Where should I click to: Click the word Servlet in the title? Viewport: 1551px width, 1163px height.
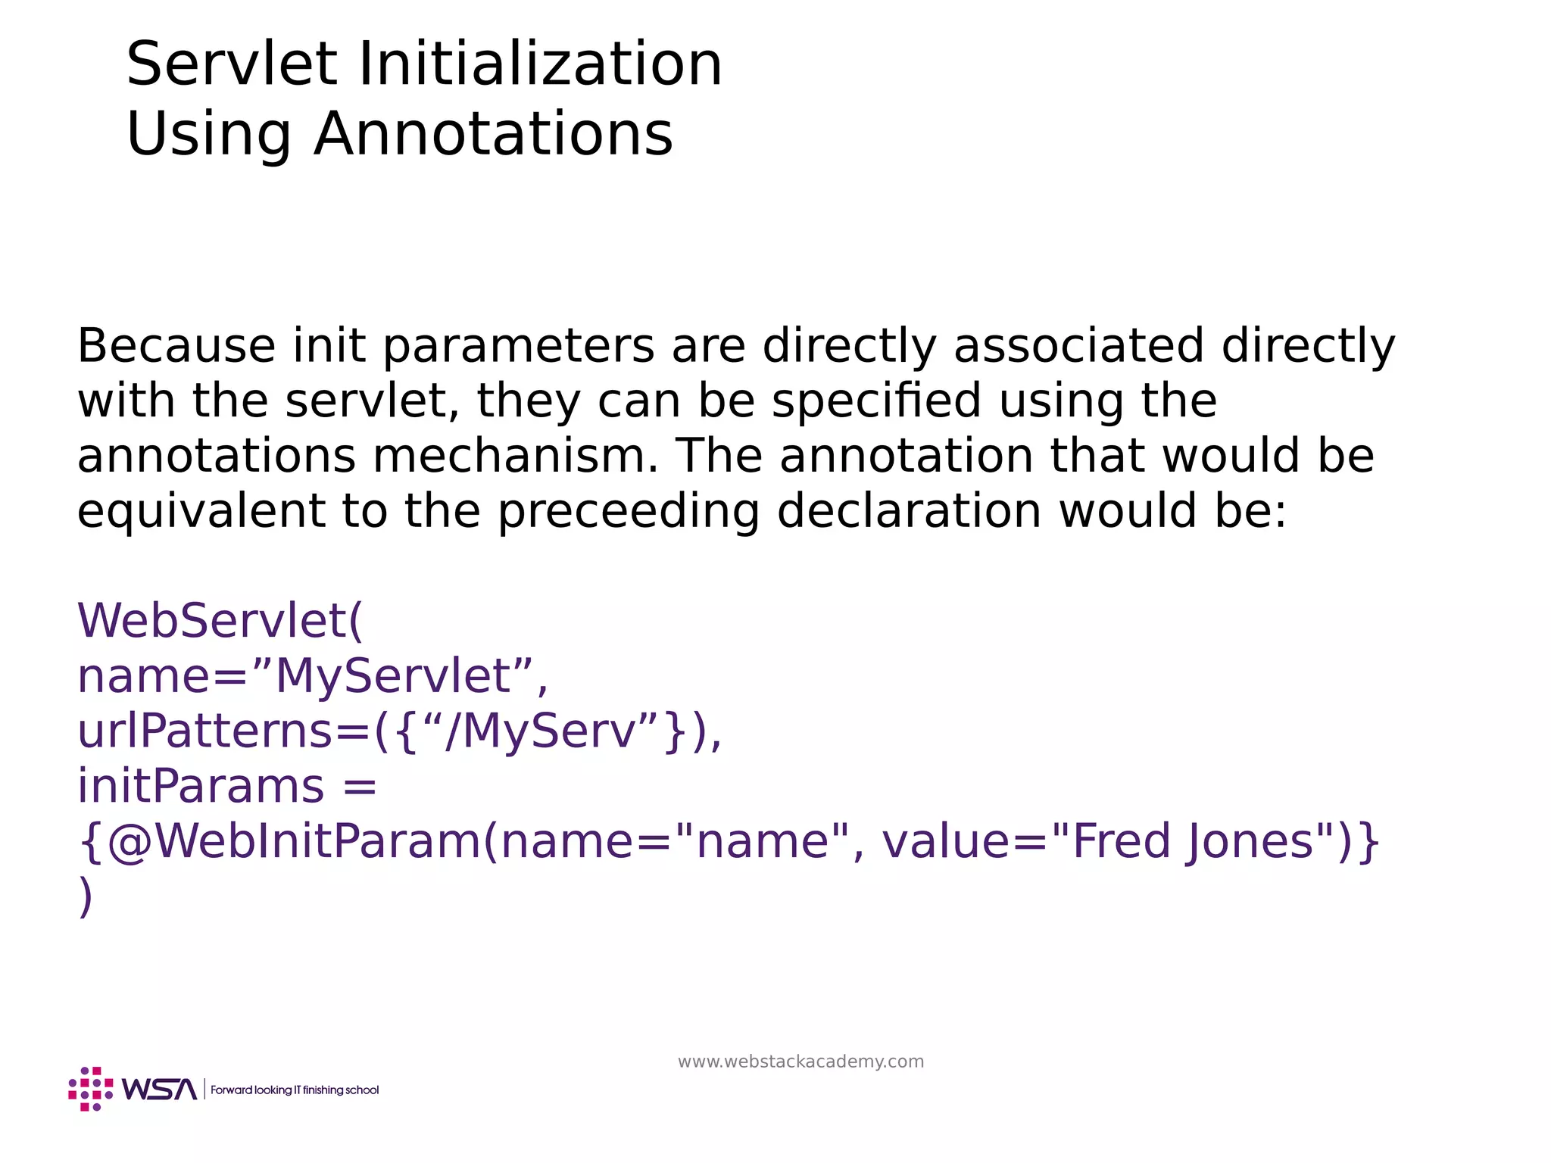click(x=232, y=65)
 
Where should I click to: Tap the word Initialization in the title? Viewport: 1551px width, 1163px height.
click(x=540, y=65)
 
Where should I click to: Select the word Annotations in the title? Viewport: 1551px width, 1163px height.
click(x=493, y=135)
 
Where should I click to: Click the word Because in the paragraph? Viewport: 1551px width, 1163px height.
click(x=176, y=346)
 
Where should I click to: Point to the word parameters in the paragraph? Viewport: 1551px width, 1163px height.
click(x=518, y=346)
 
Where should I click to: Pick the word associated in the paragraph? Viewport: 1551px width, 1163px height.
click(x=1078, y=346)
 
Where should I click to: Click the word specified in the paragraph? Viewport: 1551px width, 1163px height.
click(x=876, y=401)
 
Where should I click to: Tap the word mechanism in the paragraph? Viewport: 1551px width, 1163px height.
click(x=516, y=457)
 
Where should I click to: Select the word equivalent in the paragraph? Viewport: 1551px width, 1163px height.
click(x=201, y=512)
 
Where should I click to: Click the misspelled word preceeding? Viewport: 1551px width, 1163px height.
click(x=629, y=512)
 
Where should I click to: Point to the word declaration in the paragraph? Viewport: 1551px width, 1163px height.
click(x=909, y=512)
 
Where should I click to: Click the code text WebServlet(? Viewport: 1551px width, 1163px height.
click(x=220, y=621)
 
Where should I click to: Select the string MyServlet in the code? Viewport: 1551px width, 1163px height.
click(x=393, y=676)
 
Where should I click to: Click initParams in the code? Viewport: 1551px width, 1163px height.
click(x=201, y=787)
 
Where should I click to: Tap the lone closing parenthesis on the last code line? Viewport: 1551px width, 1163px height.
click(x=86, y=897)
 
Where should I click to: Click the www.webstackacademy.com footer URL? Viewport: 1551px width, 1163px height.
click(x=800, y=1062)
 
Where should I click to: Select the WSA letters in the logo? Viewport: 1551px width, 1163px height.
click(x=159, y=1090)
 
